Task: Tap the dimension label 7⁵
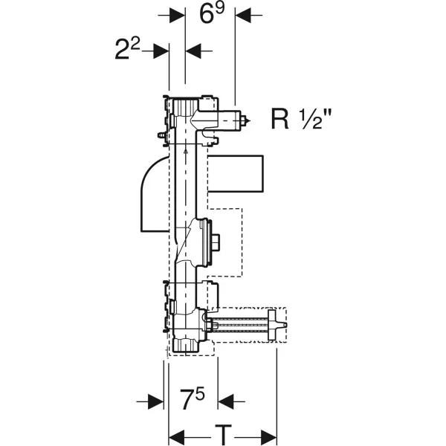click(x=193, y=399)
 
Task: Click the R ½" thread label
click(x=302, y=119)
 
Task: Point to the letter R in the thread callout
click(x=280, y=119)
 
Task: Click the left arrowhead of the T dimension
click(x=177, y=437)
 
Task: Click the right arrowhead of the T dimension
click(x=269, y=437)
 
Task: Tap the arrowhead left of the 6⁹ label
click(x=177, y=16)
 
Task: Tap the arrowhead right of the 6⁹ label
click(x=243, y=16)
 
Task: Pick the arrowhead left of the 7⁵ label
click(x=156, y=401)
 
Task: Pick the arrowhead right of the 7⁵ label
click(x=225, y=401)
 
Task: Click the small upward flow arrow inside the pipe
click(x=185, y=152)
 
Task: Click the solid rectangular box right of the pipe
click(x=236, y=173)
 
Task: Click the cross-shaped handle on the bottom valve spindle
click(x=272, y=326)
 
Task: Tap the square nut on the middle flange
click(x=216, y=243)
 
